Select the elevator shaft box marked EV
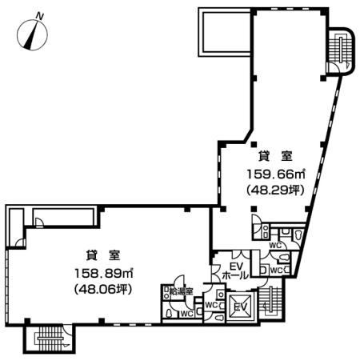pyautogui.click(x=240, y=307)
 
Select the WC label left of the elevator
pyautogui.click(x=212, y=305)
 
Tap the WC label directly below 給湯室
pyautogui.click(x=185, y=313)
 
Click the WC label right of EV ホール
pyautogui.click(x=275, y=270)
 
